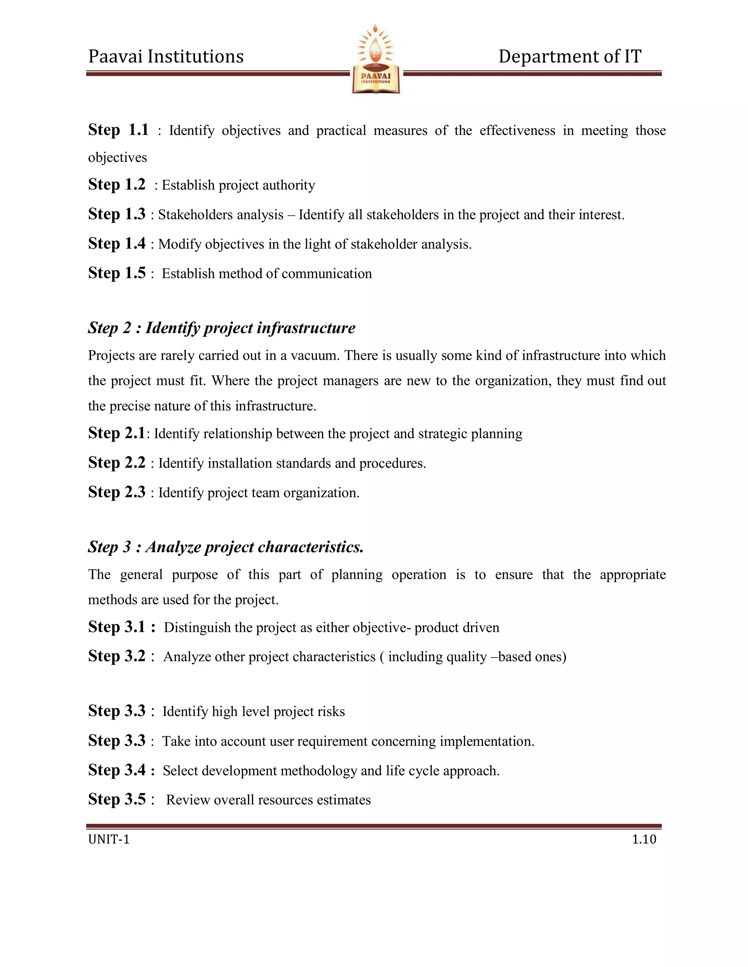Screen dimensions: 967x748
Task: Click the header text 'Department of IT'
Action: click(x=570, y=57)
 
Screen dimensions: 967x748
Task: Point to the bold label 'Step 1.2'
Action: click(x=117, y=185)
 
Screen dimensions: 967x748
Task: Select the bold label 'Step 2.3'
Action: click(x=117, y=492)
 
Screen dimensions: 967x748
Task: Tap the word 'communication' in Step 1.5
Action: click(x=327, y=274)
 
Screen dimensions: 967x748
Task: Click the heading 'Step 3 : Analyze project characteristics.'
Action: click(x=226, y=547)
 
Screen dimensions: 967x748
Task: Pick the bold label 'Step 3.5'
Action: click(x=117, y=799)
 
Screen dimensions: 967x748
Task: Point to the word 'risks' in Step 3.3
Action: click(x=333, y=712)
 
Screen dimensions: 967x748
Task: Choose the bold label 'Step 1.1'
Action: click(x=118, y=130)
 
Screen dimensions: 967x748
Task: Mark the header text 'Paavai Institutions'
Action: click(x=166, y=57)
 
